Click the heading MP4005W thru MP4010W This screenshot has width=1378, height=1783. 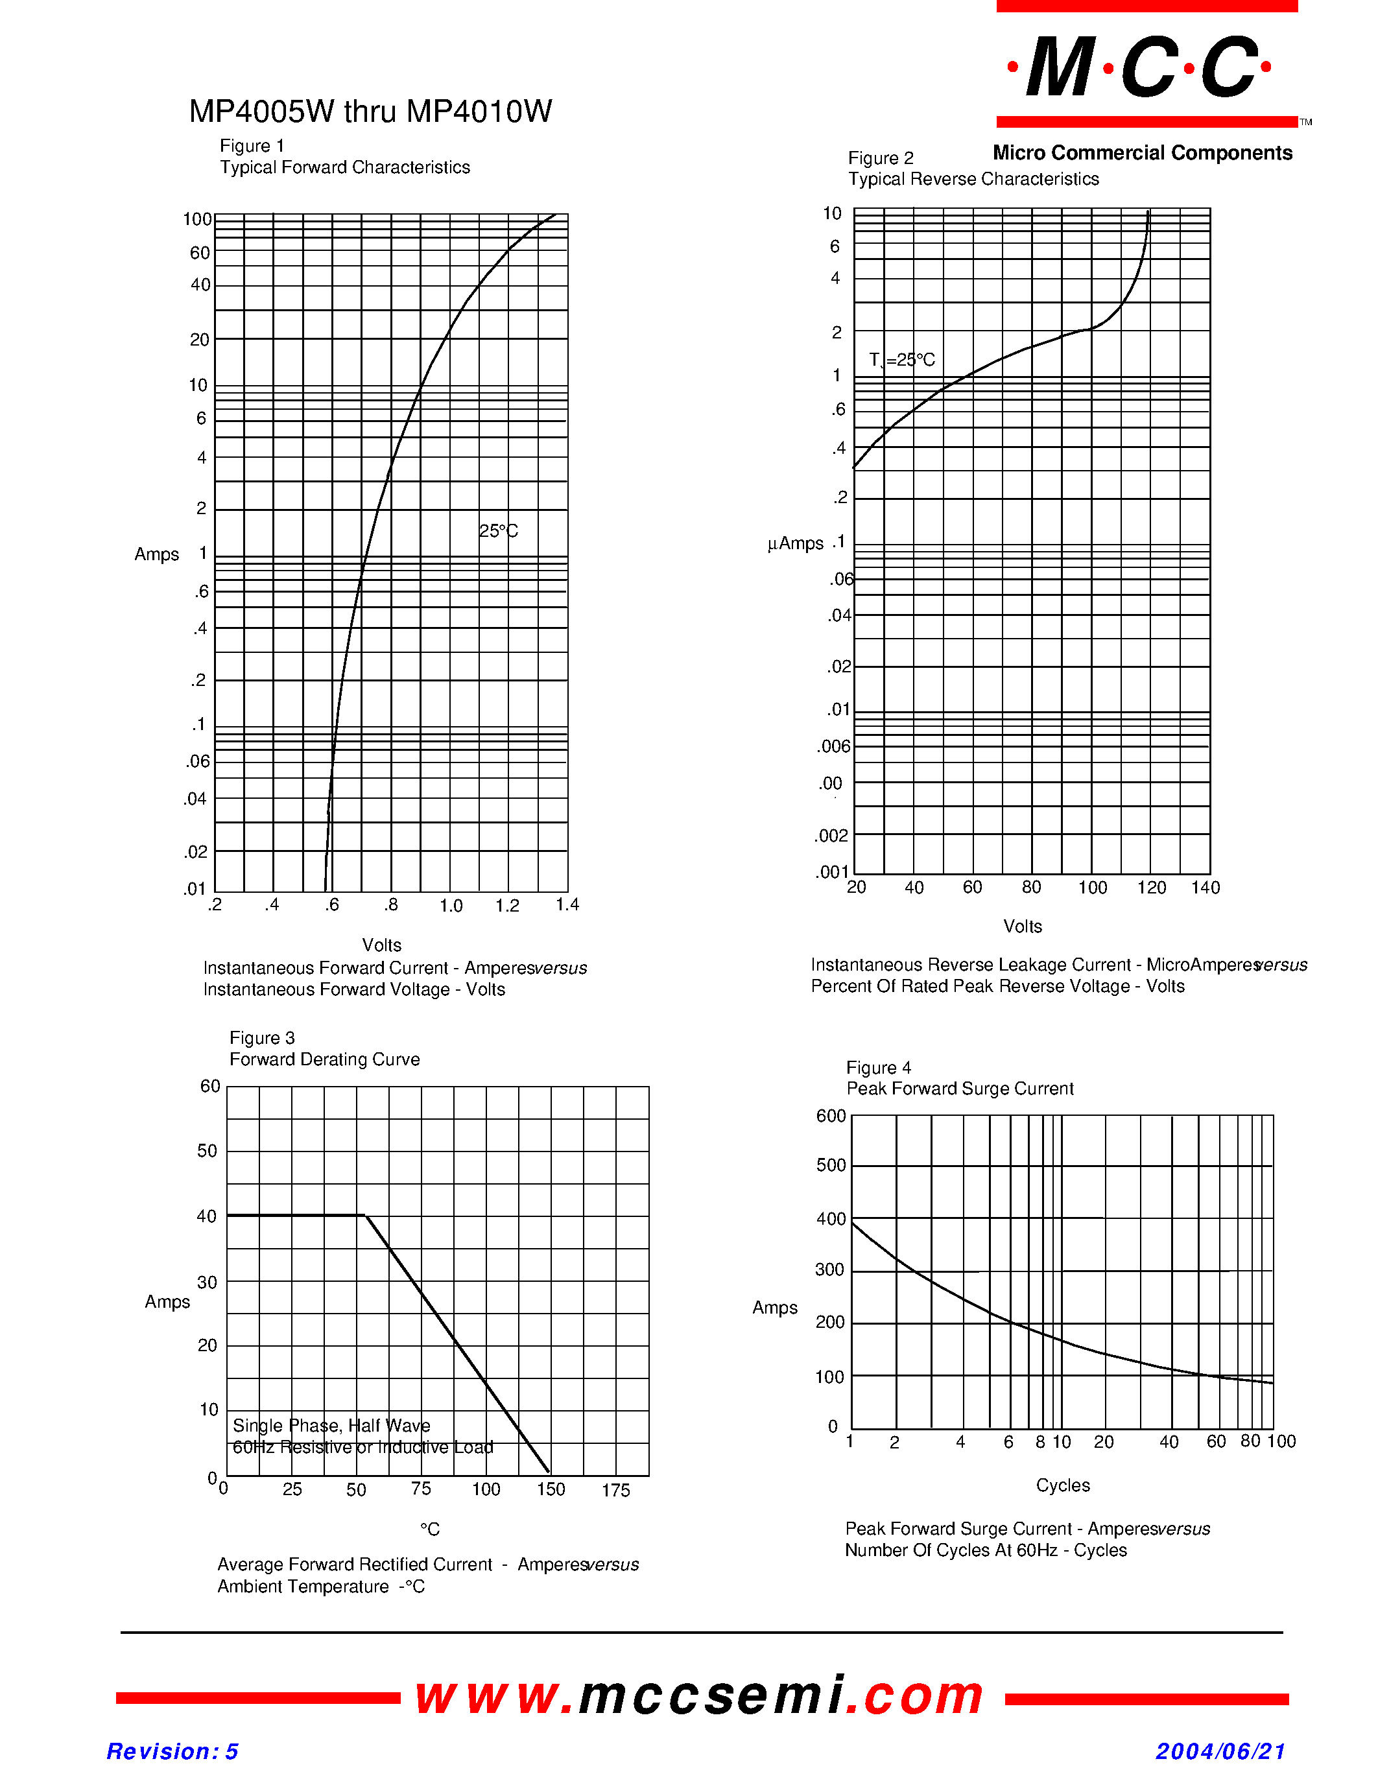tap(370, 112)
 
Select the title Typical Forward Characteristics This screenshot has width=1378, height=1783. tap(344, 167)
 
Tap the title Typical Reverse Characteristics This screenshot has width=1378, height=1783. tap(973, 179)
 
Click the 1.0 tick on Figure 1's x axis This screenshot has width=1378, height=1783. tap(451, 905)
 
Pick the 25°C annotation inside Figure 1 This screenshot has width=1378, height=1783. tap(498, 532)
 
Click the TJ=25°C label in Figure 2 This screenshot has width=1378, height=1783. tap(901, 360)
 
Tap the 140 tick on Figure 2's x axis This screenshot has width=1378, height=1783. tap(1205, 888)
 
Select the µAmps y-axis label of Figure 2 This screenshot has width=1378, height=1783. tap(795, 544)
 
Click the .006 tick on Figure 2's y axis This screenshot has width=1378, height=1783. tap(833, 746)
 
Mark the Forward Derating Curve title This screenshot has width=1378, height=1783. tap(324, 1059)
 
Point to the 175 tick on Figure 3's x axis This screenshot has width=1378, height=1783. tap(615, 1491)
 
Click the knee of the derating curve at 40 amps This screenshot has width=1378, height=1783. tap(365, 1216)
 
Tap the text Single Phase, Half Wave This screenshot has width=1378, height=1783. tap(331, 1425)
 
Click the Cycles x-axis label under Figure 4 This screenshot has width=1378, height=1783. tap(1062, 1485)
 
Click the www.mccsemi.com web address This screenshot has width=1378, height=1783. tap(700, 1695)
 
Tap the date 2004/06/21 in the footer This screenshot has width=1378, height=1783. tap(1220, 1751)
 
